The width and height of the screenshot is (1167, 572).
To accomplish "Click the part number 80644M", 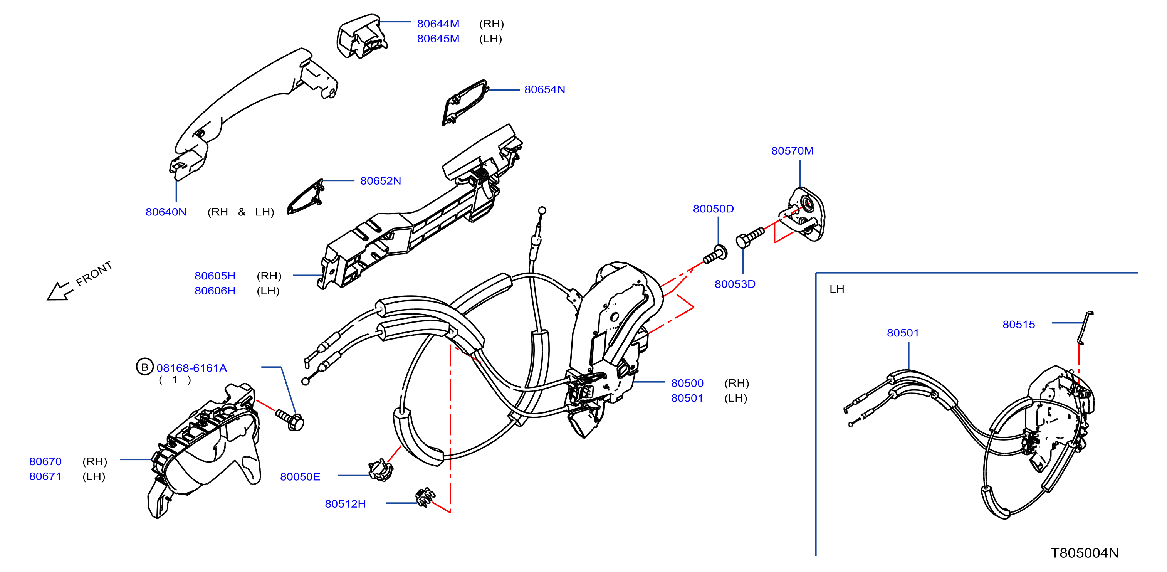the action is (438, 24).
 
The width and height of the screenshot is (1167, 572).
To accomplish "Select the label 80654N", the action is (544, 89).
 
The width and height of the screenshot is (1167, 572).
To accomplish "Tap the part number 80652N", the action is (381, 180).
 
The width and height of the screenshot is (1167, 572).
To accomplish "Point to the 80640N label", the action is (166, 212).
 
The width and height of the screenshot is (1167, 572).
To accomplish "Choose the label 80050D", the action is (713, 209).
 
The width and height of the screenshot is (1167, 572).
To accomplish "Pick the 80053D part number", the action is (735, 284).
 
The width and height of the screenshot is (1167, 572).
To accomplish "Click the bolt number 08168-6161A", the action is (191, 368).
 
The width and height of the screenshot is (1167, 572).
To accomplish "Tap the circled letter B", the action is (144, 367).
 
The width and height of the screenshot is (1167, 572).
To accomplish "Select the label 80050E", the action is (300, 476).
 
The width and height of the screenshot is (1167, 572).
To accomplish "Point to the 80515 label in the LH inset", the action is (1018, 324).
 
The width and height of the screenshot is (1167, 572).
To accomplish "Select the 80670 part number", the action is (45, 461).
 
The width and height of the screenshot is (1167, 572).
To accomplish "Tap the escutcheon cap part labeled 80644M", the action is (361, 36).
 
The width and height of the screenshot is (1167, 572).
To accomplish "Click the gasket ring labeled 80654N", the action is (464, 103).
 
